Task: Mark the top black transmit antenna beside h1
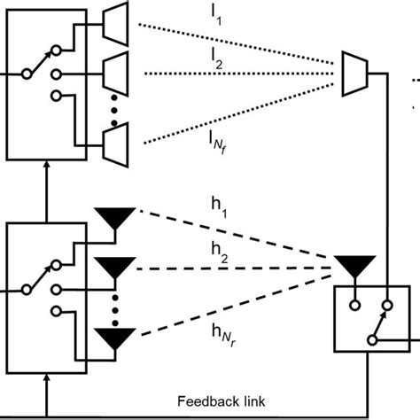point(115,218)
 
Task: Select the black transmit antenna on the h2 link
point(115,266)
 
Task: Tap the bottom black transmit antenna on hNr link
point(115,338)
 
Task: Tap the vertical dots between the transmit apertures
point(115,107)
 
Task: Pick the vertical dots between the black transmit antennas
point(115,304)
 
